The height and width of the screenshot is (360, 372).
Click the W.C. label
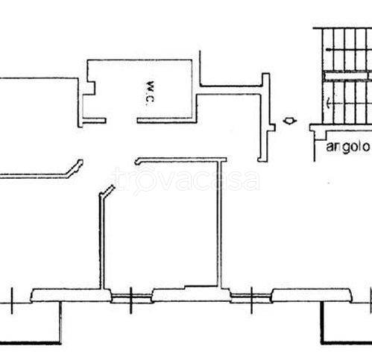point(150,92)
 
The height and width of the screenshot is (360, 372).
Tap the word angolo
point(347,147)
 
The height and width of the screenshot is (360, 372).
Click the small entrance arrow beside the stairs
point(290,121)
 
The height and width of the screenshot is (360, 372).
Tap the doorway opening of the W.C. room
point(122,121)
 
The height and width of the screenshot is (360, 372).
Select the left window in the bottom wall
point(131,297)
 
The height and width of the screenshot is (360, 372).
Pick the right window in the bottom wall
point(251,297)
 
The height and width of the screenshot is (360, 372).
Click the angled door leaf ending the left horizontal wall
point(75,168)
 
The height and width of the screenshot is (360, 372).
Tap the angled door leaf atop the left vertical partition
point(107,192)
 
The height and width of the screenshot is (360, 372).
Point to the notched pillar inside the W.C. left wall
point(89,88)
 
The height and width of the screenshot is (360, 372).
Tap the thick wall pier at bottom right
point(312,295)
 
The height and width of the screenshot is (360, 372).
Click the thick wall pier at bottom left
point(71,295)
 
